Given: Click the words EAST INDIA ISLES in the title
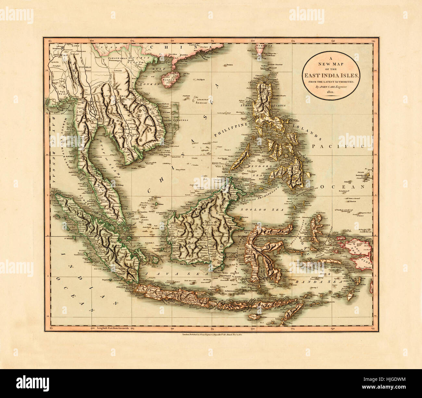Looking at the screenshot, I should click(331, 75).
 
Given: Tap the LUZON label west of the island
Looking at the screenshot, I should click(246, 105).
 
